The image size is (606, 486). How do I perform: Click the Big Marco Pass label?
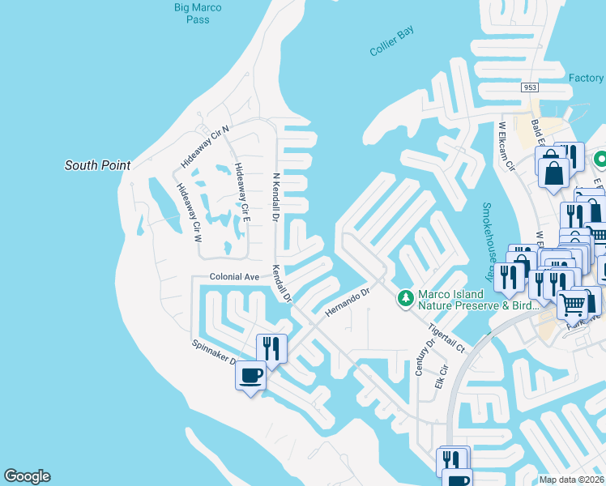click(198, 14)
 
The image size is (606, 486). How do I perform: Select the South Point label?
click(97, 165)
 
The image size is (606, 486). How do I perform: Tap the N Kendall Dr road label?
click(275, 198)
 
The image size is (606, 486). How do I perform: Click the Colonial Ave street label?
click(234, 277)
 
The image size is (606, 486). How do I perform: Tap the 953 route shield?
click(531, 87)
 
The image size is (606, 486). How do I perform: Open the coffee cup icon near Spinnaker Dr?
click(250, 377)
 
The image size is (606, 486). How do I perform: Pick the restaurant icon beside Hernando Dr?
click(271, 348)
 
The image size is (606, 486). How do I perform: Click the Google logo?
click(27, 477)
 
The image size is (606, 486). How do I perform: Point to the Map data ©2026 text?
click(570, 480)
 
